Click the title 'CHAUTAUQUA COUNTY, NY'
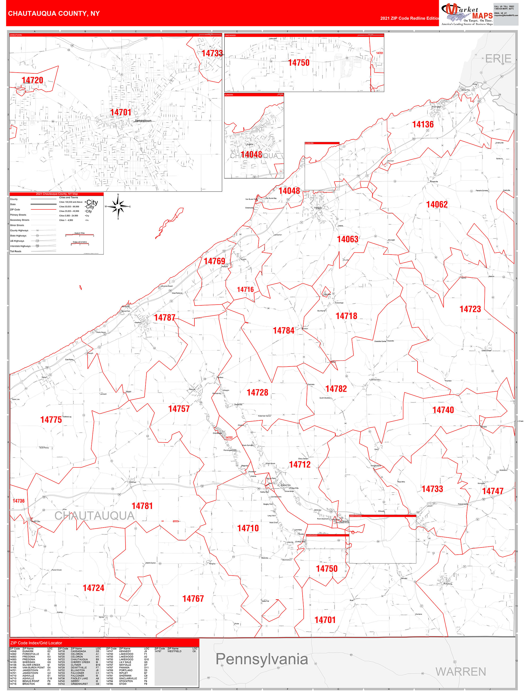pyautogui.click(x=54, y=14)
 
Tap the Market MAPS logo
pyautogui.click(x=466, y=14)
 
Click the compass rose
pyautogui.click(x=118, y=207)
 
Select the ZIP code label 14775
pyautogui.click(x=51, y=420)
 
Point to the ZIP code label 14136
pyautogui.click(x=423, y=125)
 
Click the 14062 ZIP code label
pyautogui.click(x=437, y=205)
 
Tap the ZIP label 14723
pyautogui.click(x=470, y=309)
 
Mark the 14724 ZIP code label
pyautogui.click(x=93, y=588)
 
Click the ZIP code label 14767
pyautogui.click(x=193, y=599)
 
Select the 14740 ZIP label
pyautogui.click(x=443, y=410)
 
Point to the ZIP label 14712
pyautogui.click(x=299, y=465)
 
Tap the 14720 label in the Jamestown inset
pyautogui.click(x=32, y=80)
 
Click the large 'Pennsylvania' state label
pyautogui.click(x=262, y=659)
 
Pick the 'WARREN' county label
pyautogui.click(x=461, y=671)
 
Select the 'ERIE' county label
pyautogui.click(x=498, y=58)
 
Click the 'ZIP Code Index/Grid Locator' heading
pyautogui.click(x=36, y=643)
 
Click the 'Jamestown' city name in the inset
pyautogui.click(x=143, y=121)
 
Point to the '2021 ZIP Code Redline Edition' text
pyautogui.click(x=410, y=18)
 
